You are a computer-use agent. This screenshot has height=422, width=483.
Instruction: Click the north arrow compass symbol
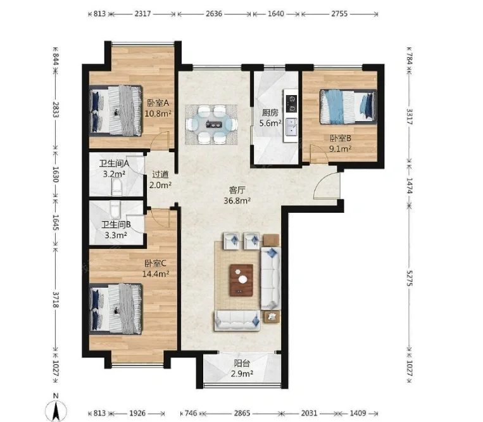click(x=56, y=409)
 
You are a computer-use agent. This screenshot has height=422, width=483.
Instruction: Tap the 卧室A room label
click(x=158, y=103)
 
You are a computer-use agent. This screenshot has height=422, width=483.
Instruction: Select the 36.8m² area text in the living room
click(x=237, y=201)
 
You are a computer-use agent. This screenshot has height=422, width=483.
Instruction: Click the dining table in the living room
click(x=211, y=124)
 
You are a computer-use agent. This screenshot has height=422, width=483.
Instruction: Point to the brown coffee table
click(x=241, y=280)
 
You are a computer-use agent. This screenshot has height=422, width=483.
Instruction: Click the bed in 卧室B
click(x=348, y=106)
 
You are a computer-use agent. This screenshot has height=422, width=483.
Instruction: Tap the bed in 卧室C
click(x=116, y=309)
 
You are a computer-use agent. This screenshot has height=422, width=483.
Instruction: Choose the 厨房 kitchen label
click(x=270, y=113)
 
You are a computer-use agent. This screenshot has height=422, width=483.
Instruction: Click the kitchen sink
click(x=291, y=127)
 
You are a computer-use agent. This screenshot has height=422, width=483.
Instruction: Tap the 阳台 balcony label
click(x=242, y=363)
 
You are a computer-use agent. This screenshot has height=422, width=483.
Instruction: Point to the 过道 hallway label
click(x=160, y=174)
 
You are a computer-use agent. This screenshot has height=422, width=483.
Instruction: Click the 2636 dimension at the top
click(x=214, y=13)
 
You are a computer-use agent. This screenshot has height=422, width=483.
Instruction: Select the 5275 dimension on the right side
click(x=410, y=278)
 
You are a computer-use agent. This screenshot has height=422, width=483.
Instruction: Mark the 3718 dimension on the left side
click(x=56, y=300)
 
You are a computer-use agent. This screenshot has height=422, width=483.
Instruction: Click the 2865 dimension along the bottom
click(x=242, y=413)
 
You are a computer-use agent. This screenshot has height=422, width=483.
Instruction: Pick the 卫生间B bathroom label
click(x=116, y=225)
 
